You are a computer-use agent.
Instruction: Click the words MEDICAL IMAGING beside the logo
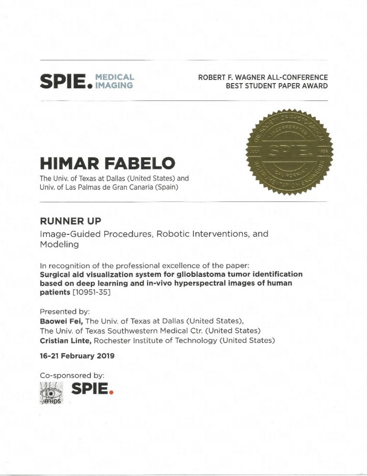click(115, 81)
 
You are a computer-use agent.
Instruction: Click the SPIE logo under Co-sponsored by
click(93, 391)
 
